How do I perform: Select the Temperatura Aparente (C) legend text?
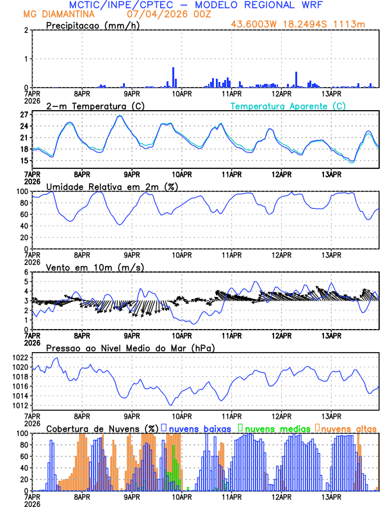(288, 106)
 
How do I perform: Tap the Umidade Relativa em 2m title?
(112, 186)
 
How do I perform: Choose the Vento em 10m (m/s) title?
(95, 267)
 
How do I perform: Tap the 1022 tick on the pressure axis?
(20, 357)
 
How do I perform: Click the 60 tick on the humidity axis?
(23, 226)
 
